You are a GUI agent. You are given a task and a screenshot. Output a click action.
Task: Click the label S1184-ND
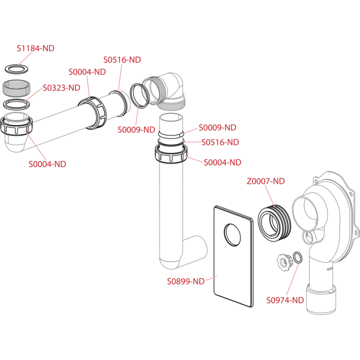(35, 48)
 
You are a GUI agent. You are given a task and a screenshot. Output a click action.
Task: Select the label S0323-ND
(61, 87)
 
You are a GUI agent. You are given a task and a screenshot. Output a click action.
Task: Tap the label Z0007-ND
(265, 181)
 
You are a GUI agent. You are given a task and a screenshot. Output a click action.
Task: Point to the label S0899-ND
(185, 281)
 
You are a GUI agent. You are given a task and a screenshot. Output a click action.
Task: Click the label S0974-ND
(285, 300)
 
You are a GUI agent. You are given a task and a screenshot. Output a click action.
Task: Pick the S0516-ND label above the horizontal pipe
(122, 59)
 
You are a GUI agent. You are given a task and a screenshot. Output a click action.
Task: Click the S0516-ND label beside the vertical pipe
(220, 142)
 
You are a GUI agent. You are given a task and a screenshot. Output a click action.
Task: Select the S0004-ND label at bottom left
(47, 164)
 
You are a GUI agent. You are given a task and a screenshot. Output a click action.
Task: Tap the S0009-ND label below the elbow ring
(136, 129)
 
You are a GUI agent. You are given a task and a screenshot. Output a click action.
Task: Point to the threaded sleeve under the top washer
(16, 88)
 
